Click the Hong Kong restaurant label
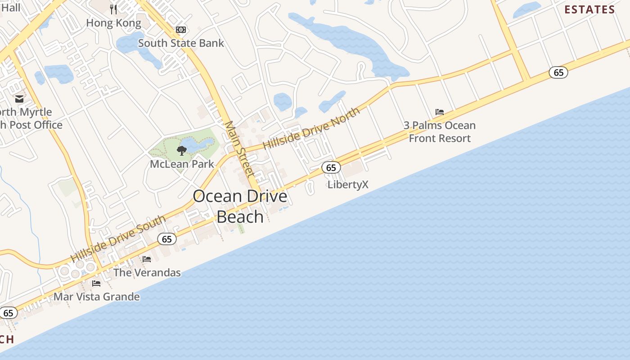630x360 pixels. pyautogui.click(x=113, y=22)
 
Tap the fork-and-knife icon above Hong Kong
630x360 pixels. pyautogui.click(x=113, y=9)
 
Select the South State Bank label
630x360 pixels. pyautogui.click(x=181, y=43)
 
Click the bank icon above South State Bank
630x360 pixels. pyautogui.click(x=181, y=30)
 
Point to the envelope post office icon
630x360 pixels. pyautogui.click(x=19, y=99)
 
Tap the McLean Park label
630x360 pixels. pyautogui.click(x=182, y=164)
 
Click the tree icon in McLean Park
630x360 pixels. pyautogui.click(x=182, y=150)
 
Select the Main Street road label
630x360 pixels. pyautogui.click(x=240, y=148)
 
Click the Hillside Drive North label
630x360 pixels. pyautogui.click(x=311, y=128)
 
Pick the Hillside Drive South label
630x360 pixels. pyautogui.click(x=118, y=239)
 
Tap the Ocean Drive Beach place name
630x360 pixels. pyautogui.click(x=240, y=206)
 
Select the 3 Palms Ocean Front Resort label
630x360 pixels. pyautogui.click(x=440, y=132)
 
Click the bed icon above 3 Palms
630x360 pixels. pyautogui.click(x=440, y=112)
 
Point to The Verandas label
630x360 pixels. pyautogui.click(x=147, y=272)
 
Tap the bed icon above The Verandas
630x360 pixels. pyautogui.click(x=147, y=259)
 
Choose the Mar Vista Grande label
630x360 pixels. pyautogui.click(x=96, y=297)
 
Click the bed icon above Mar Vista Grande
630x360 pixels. pyautogui.click(x=96, y=283)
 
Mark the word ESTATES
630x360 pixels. pyautogui.click(x=589, y=10)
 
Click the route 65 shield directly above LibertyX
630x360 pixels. pyautogui.click(x=331, y=168)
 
